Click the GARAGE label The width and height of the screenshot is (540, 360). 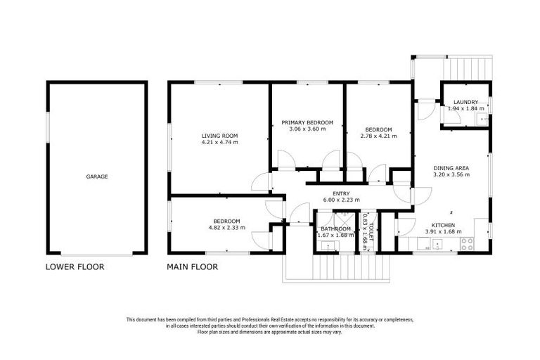point(97,176)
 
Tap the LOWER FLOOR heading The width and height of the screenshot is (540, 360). point(75,267)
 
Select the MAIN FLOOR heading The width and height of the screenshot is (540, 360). point(192,267)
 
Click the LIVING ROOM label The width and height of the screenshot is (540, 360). point(219,136)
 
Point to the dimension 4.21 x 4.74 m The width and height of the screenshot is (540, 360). point(219,143)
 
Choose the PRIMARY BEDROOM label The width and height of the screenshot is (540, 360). point(307,122)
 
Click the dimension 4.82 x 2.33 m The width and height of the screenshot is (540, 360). point(226,228)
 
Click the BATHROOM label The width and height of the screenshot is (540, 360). point(335,229)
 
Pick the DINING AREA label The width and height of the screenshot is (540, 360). point(451,167)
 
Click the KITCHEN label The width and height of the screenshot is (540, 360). point(443,224)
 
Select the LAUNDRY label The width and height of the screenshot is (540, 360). point(465,102)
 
